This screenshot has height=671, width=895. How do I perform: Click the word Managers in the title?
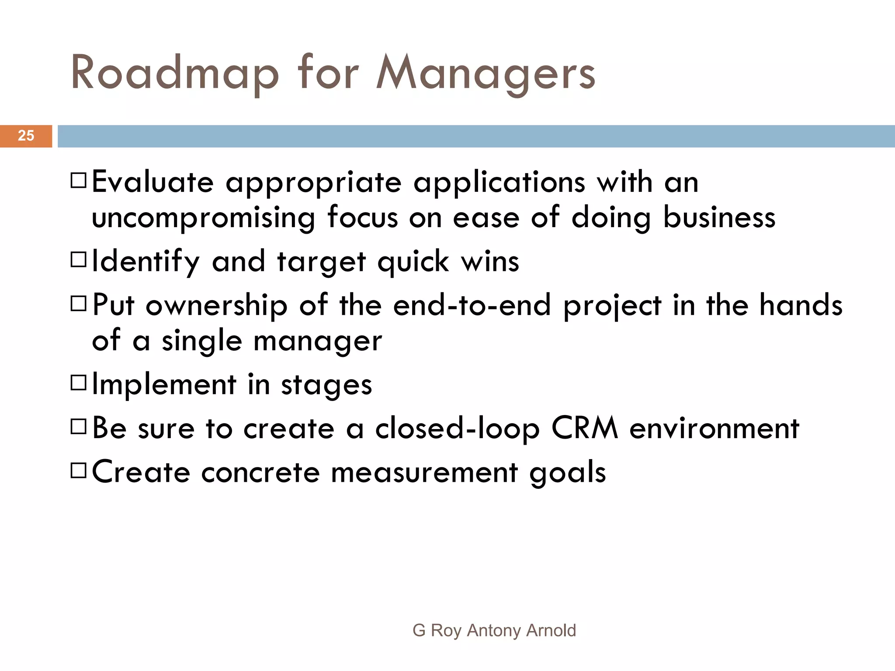[486, 73]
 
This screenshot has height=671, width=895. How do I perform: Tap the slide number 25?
[26, 136]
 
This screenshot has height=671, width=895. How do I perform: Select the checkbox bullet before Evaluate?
[79, 180]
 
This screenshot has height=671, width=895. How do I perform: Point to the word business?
[719, 217]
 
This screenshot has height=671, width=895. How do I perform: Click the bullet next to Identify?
[79, 260]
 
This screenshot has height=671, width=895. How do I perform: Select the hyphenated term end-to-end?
[472, 305]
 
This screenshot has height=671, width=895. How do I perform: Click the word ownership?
[216, 305]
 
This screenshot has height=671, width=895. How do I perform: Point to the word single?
[202, 341]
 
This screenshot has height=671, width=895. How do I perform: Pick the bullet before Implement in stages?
[79, 383]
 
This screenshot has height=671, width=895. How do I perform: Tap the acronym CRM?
[584, 428]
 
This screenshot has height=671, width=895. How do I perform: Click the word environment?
[714, 429]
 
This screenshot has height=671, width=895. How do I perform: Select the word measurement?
[424, 473]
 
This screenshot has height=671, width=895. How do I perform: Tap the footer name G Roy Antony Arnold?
[494, 630]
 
